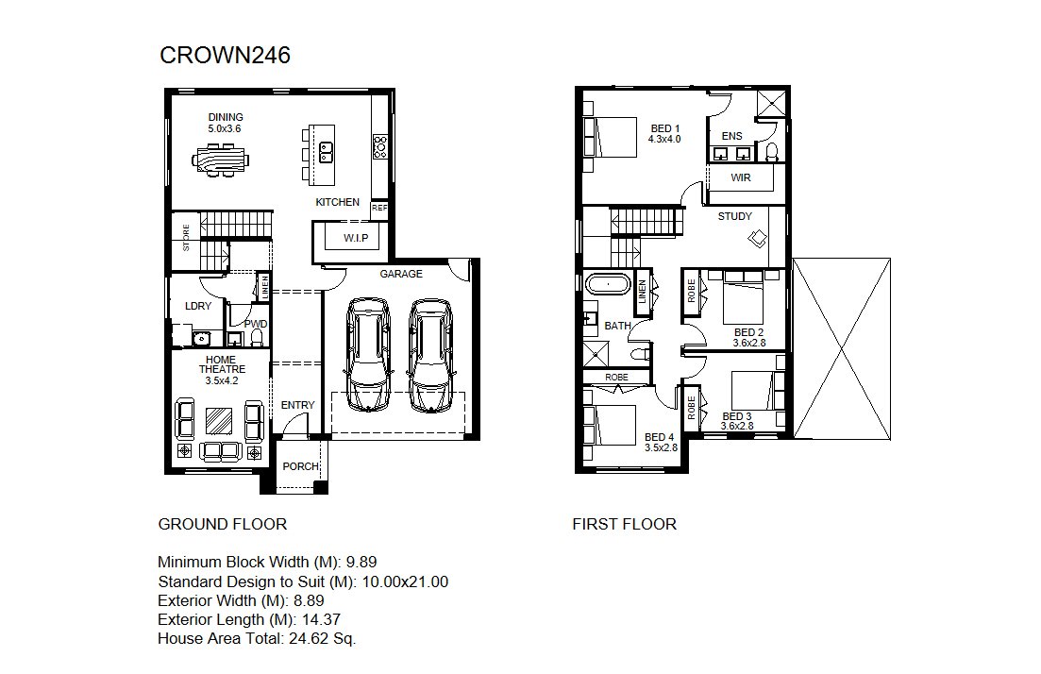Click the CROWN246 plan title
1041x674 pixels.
pyautogui.click(x=225, y=55)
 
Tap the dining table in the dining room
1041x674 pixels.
pyautogui.click(x=221, y=160)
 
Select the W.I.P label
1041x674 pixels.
pyautogui.click(x=356, y=238)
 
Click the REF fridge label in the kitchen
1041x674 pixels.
pyautogui.click(x=379, y=208)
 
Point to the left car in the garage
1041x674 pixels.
pyautogui.click(x=368, y=355)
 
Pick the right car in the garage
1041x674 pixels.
pyautogui.click(x=430, y=355)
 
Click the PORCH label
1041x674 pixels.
pyautogui.click(x=301, y=466)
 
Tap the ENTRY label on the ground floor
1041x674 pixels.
pyautogui.click(x=297, y=405)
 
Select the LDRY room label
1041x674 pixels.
pyautogui.click(x=198, y=306)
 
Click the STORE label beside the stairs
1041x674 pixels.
pyautogui.click(x=186, y=237)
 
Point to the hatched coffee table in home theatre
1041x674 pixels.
pyautogui.click(x=219, y=421)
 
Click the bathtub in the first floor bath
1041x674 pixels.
pyautogui.click(x=608, y=284)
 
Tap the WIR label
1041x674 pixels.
pyautogui.click(x=740, y=178)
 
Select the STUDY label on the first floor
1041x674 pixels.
pyautogui.click(x=735, y=216)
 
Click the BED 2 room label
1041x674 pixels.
pyautogui.click(x=748, y=332)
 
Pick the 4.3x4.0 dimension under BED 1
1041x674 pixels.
pyautogui.click(x=664, y=140)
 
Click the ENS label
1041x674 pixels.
pyautogui.click(x=731, y=136)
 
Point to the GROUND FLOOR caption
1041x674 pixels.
pyautogui.click(x=223, y=525)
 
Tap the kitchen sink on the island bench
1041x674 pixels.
pyautogui.click(x=326, y=152)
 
